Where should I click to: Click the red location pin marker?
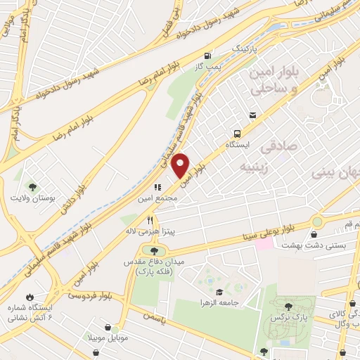(x=181, y=165)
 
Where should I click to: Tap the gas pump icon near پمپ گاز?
(x=207, y=56)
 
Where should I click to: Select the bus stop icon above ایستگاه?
(x=237, y=132)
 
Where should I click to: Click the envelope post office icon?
(x=252, y=115)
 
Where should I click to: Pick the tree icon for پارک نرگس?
(x=288, y=306)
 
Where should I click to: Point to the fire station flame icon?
(x=30, y=295)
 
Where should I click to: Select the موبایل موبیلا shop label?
(x=108, y=337)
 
